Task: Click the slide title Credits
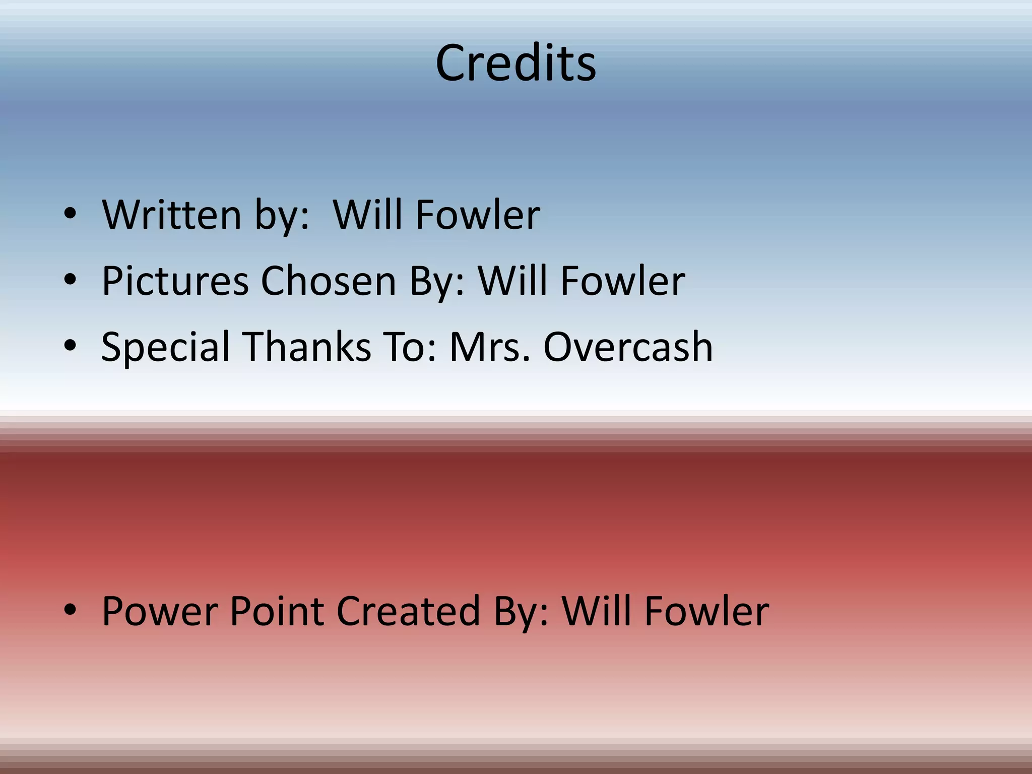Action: (x=515, y=63)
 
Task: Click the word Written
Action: (x=172, y=215)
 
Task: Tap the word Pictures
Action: (x=175, y=281)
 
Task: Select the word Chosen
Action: (x=328, y=281)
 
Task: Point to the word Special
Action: (x=165, y=347)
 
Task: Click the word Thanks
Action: (x=308, y=347)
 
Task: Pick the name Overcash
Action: (x=628, y=347)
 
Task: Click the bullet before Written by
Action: (x=70, y=214)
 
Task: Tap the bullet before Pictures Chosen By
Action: (x=70, y=280)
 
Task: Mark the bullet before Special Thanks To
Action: (x=70, y=346)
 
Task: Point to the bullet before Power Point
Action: (x=70, y=610)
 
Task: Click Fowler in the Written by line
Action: (x=478, y=215)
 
